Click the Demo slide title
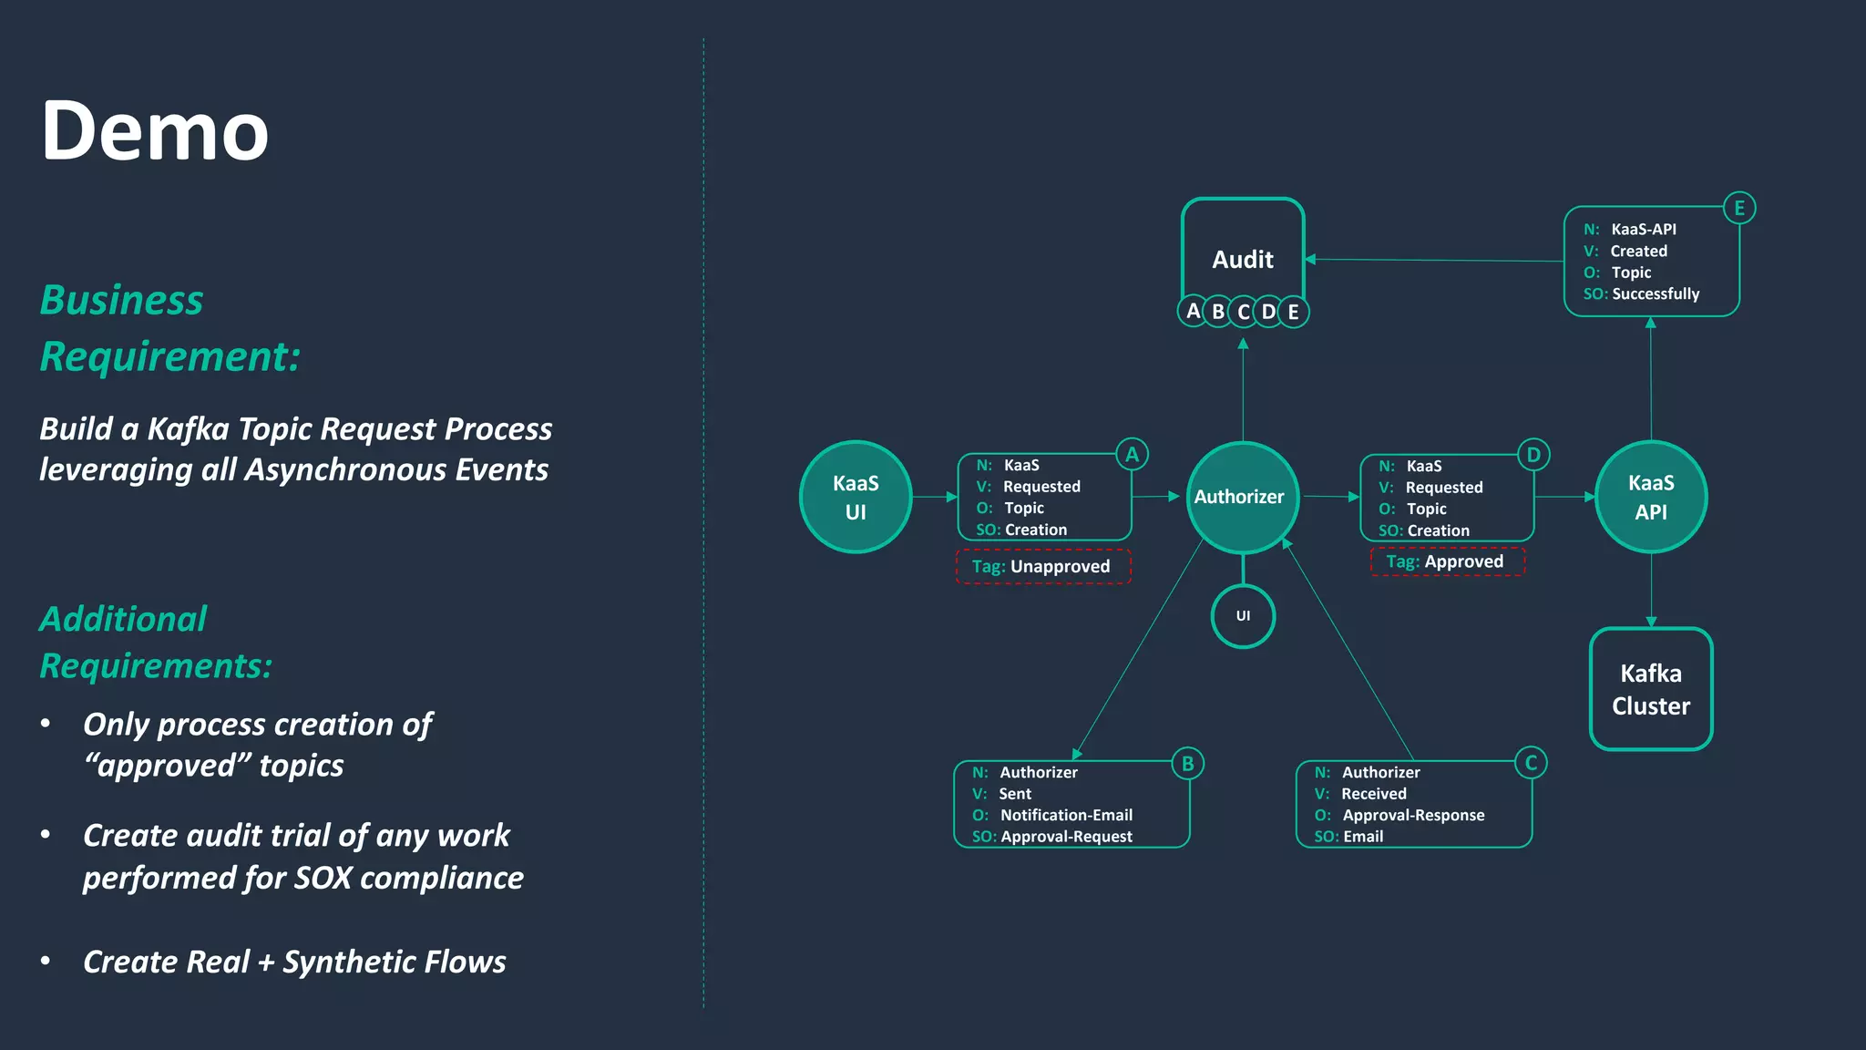click(x=155, y=131)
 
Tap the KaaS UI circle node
click(x=855, y=497)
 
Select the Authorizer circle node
click(x=1241, y=497)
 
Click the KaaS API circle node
click(x=1650, y=497)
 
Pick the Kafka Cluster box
click(x=1650, y=689)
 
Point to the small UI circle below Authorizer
click(x=1242, y=616)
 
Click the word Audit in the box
click(x=1242, y=260)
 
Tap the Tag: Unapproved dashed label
click(x=1042, y=566)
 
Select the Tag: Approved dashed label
click(x=1446, y=561)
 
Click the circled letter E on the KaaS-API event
click(x=1738, y=208)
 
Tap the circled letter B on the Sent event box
click(x=1187, y=764)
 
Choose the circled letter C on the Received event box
click(x=1531, y=763)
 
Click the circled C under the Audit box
click(x=1243, y=312)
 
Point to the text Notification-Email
click(x=1066, y=815)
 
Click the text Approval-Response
click(x=1413, y=815)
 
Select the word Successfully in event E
click(x=1656, y=293)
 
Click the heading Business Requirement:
click(x=169, y=328)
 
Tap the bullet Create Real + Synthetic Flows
click(x=293, y=962)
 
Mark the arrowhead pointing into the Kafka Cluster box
click(x=1650, y=623)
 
